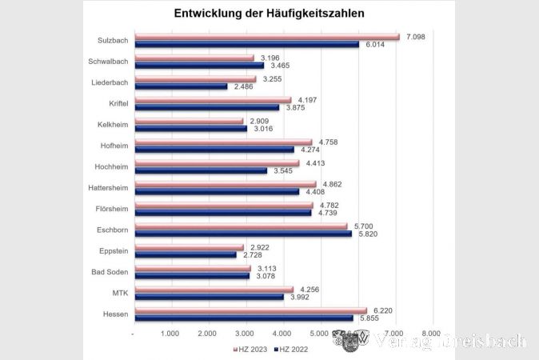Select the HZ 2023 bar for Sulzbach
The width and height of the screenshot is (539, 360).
tap(266, 37)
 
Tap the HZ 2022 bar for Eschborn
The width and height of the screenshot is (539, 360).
tap(243, 234)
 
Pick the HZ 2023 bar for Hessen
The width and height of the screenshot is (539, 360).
tap(250, 310)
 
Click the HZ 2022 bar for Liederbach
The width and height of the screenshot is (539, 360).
tap(181, 86)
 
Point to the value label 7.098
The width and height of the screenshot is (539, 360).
tap(416, 37)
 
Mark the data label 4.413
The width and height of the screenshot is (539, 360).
tap(313, 163)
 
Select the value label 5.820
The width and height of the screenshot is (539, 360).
tap(366, 234)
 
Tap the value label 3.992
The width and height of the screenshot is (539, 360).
tap(297, 298)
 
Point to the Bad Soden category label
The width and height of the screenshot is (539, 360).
tap(110, 273)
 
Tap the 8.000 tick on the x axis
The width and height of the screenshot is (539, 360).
tap(431, 333)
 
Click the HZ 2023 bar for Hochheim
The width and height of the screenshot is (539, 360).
tap(217, 163)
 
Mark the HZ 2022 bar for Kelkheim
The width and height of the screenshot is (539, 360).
tap(190, 128)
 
